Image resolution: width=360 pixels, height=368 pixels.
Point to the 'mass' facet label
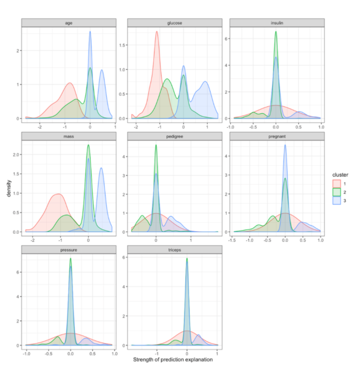pos(68,136)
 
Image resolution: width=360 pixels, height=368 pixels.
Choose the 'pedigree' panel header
pos(174,136)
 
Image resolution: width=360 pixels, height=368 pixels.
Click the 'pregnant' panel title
pos(276,136)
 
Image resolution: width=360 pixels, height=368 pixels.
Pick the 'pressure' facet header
pos(68,249)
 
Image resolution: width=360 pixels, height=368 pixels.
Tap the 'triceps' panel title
pos(174,249)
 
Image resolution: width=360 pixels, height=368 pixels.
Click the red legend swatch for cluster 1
pos(336,184)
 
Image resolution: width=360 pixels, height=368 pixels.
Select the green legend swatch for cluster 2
pos(336,193)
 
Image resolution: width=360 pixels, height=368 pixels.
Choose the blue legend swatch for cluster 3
pos(336,201)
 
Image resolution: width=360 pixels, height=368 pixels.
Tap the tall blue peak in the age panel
pos(90,32)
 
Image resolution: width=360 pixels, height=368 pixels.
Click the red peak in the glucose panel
pos(156,32)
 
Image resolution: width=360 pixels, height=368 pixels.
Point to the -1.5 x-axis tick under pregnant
pos(232,240)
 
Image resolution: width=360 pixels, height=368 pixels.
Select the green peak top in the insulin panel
pos(275,32)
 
